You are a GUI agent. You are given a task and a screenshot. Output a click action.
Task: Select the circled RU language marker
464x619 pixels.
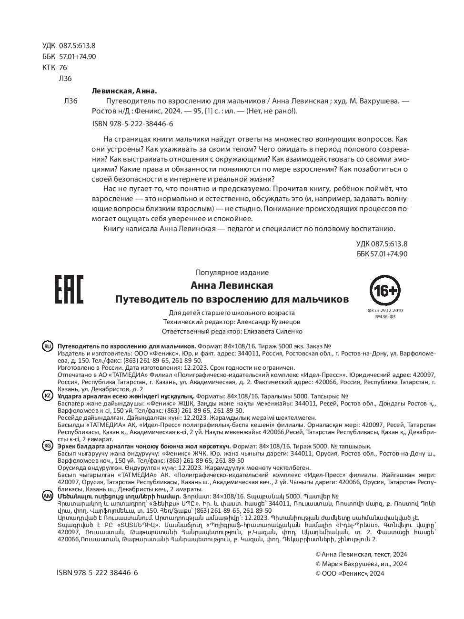click(48, 346)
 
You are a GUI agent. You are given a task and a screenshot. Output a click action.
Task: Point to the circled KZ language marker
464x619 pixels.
click(48, 396)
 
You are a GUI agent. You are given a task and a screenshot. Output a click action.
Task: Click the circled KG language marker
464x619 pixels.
click(48, 446)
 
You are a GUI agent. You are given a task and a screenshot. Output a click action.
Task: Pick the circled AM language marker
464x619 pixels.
click(48, 496)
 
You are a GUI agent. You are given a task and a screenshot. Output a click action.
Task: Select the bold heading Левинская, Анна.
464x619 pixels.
click(123, 91)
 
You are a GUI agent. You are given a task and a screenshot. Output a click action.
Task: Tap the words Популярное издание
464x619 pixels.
click(232, 273)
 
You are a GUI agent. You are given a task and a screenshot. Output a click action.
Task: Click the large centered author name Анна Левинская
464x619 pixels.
click(232, 285)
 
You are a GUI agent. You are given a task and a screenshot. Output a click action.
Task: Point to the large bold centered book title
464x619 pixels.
click(232, 299)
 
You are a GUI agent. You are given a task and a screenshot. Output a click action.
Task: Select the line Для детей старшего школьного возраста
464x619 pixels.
click(232, 313)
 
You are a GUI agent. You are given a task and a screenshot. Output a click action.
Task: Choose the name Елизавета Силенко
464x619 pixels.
click(272, 331)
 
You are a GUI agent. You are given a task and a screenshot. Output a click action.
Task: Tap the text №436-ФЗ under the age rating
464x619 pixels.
click(385, 316)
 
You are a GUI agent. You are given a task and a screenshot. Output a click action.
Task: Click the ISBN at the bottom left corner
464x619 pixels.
click(97, 573)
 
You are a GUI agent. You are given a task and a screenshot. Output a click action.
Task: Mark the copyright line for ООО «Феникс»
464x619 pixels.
click(350, 573)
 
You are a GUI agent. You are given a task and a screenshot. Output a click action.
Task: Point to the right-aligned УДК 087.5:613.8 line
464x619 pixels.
click(382, 244)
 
